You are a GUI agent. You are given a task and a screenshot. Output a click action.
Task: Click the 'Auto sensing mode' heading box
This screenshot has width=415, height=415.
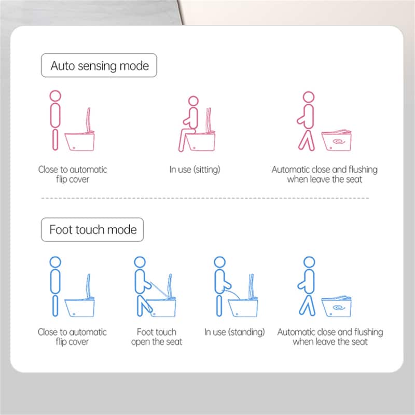coord(99,65)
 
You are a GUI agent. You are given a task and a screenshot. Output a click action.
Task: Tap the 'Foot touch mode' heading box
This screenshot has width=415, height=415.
coord(92,229)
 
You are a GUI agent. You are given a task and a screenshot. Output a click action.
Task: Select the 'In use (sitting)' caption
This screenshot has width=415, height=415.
coord(195,170)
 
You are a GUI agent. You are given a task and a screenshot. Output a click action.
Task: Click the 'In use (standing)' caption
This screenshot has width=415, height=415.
coord(234,332)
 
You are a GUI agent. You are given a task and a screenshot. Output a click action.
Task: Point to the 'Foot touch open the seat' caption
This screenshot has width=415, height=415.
coord(157,337)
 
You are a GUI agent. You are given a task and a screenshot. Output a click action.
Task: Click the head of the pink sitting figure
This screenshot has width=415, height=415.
coord(193,101)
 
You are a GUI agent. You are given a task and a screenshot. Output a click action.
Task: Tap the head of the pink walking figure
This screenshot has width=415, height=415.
coord(309,97)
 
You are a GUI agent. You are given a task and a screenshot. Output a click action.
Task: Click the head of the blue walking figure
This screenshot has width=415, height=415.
coord(309,262)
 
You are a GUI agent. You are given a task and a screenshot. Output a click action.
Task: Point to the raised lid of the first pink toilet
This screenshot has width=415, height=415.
coord(88,120)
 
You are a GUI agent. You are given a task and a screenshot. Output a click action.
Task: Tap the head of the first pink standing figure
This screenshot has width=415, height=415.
coord(56,96)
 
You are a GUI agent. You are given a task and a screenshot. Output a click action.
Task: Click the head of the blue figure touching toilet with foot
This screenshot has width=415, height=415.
coord(140,262)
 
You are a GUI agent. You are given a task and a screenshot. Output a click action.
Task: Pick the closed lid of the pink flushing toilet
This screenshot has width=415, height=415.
coord(337,132)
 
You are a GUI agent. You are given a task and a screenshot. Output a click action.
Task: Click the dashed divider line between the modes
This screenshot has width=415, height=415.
coord(205,198)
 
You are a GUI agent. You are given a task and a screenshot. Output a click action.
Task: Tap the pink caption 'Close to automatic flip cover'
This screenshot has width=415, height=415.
coord(73,174)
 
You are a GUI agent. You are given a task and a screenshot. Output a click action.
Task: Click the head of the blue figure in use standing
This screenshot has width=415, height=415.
coord(219,262)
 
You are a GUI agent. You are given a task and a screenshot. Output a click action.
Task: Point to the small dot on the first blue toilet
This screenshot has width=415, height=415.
coord(74,314)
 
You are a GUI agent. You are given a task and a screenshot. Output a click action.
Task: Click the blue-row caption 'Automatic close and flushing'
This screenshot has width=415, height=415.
coord(330,332)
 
